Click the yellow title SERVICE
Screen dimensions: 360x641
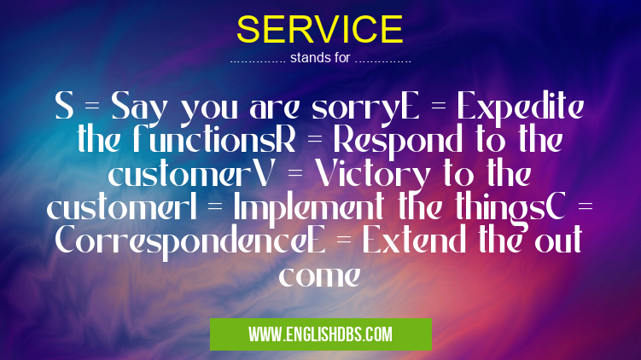tap(320, 31)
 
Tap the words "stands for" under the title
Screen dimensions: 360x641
tap(319, 60)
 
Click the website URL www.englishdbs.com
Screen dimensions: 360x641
tap(320, 334)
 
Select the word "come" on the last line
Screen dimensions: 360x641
tap(320, 276)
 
